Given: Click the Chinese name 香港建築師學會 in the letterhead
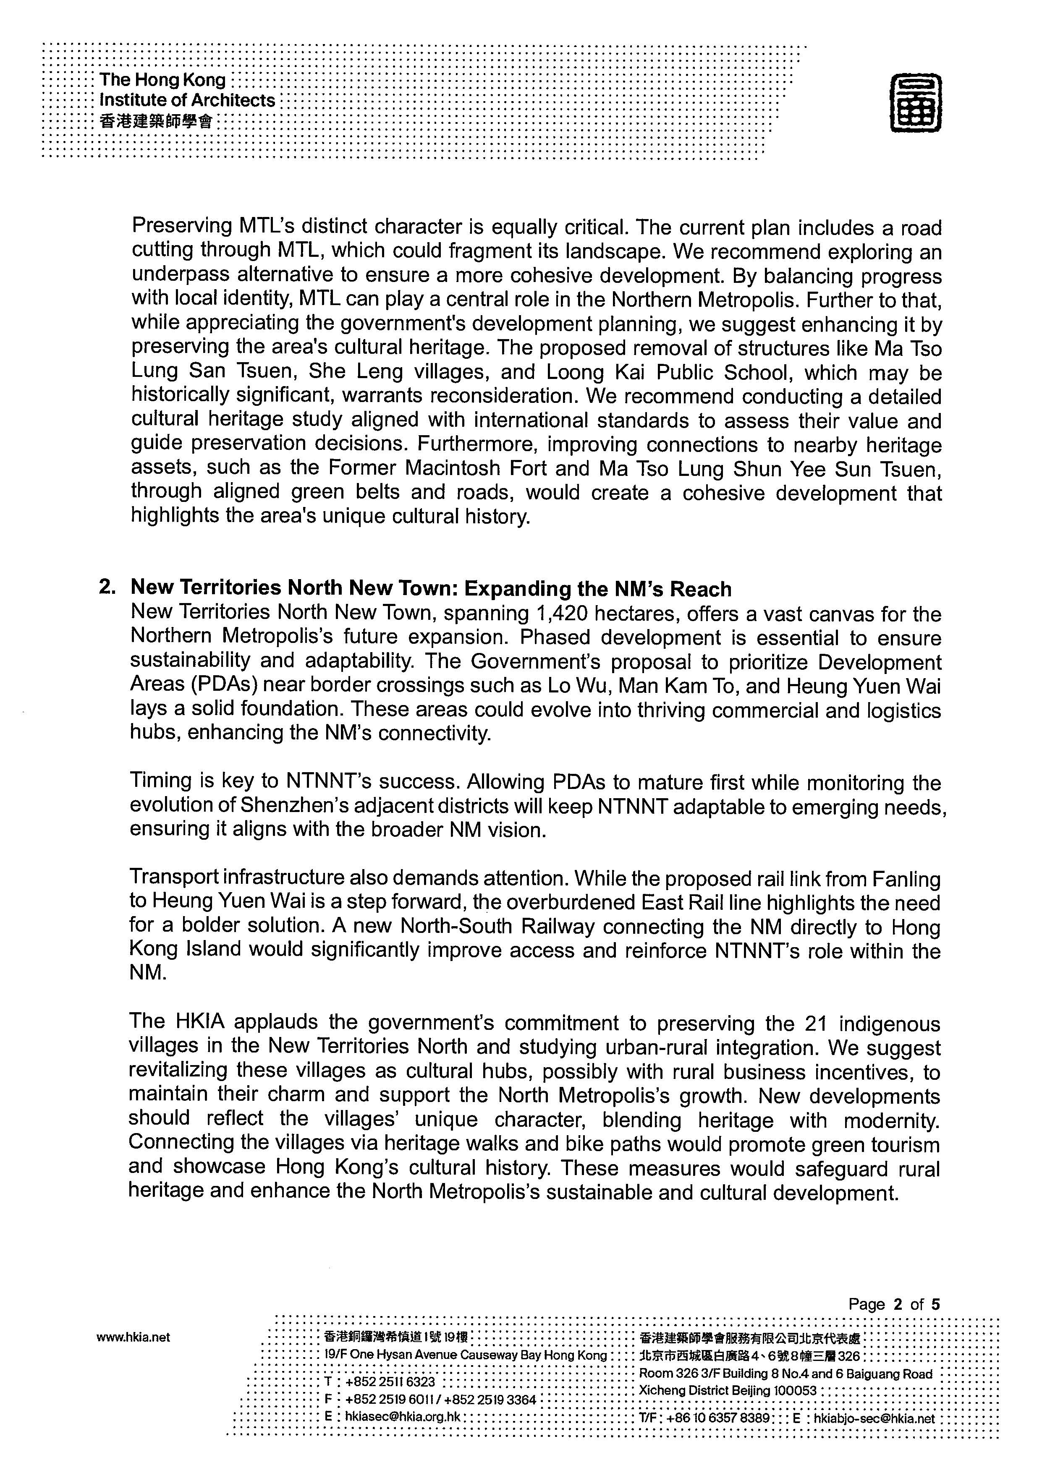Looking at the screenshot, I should point(156,121).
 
